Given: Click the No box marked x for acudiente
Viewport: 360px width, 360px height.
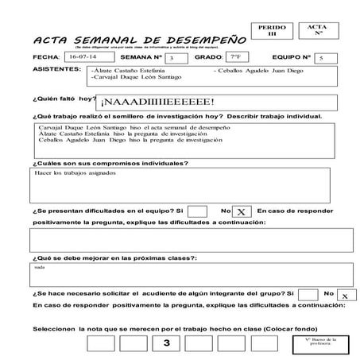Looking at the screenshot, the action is pyautogui.click(x=343, y=294).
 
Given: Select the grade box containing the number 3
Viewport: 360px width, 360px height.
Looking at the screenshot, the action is pyautogui.click(x=166, y=343).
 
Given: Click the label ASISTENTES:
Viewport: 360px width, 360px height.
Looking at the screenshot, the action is pyautogui.click(x=56, y=70).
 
